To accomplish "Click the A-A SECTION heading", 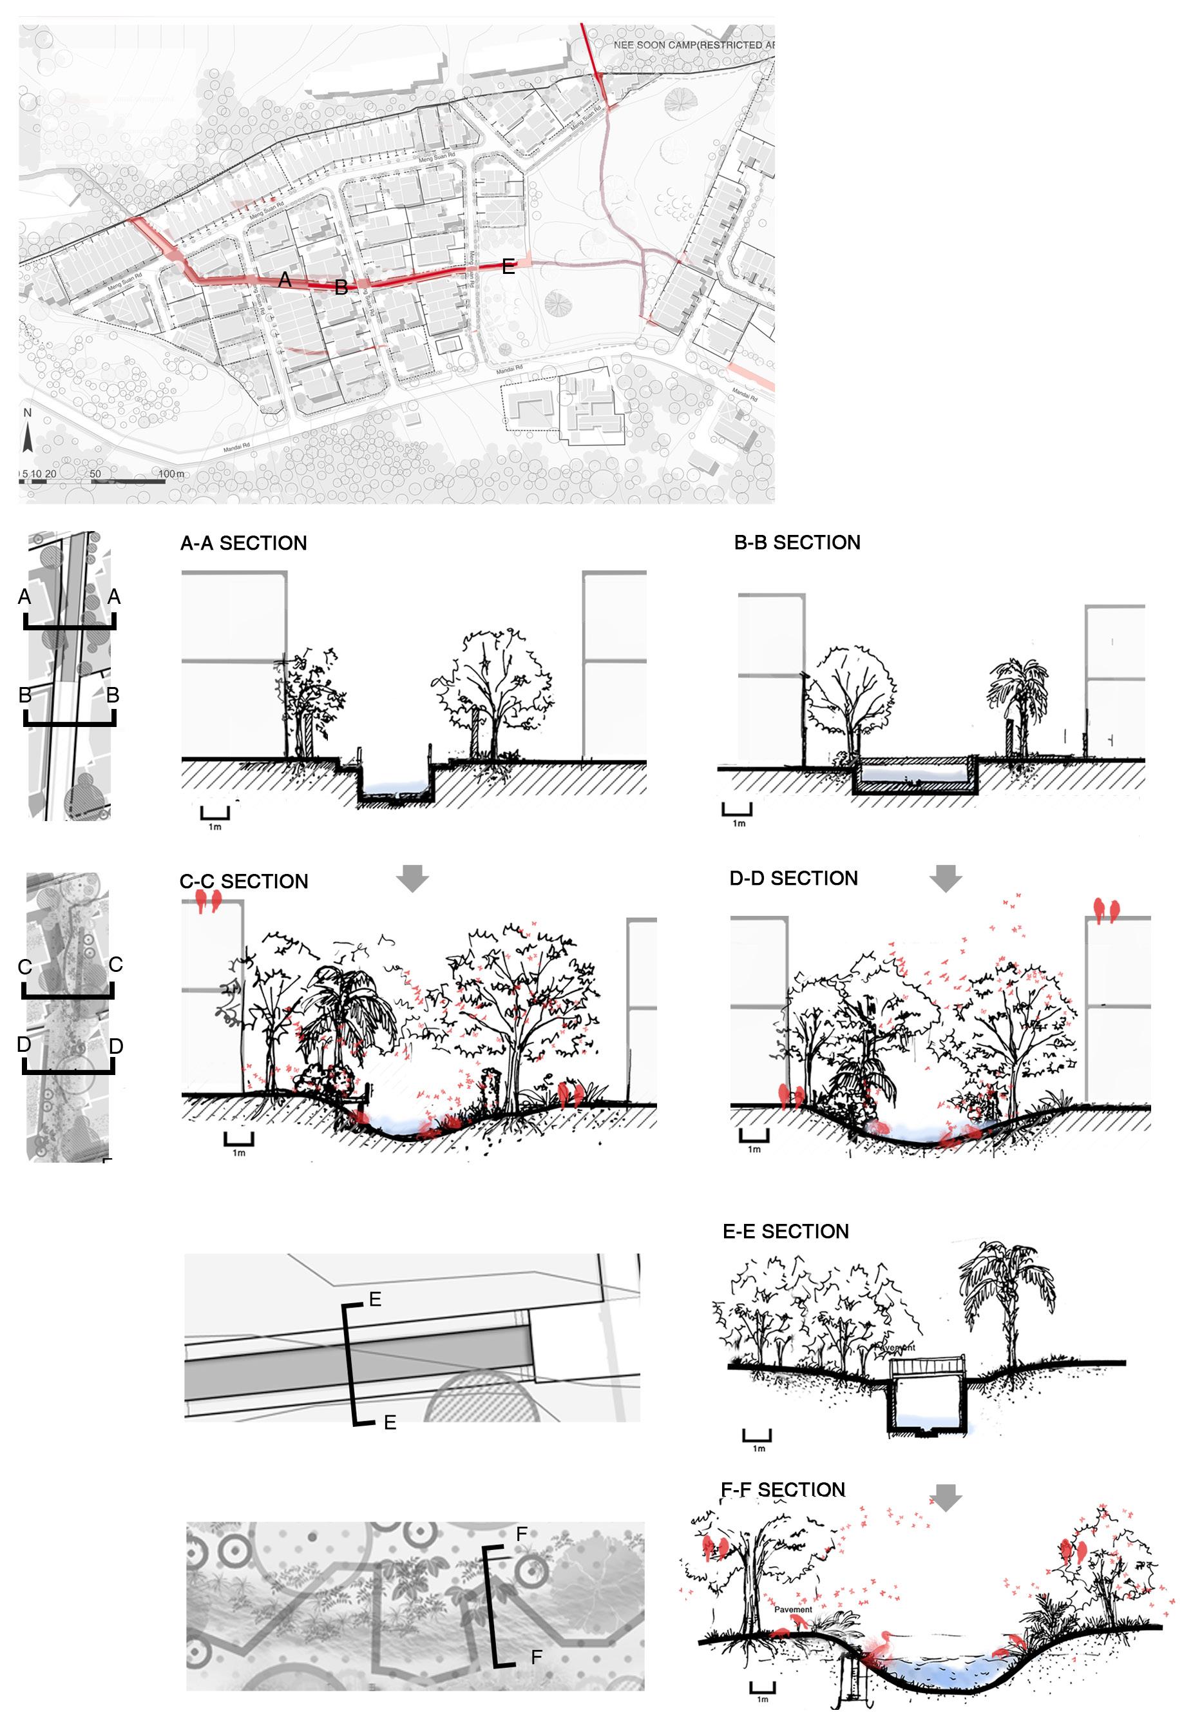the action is click(243, 543).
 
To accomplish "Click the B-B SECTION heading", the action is click(797, 543).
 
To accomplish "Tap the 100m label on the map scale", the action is click(172, 474).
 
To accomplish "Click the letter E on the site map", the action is click(508, 266).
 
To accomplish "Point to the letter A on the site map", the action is click(285, 280).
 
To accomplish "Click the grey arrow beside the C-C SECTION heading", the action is click(412, 878).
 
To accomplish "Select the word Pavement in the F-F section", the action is click(793, 1609).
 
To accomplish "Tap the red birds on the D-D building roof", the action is click(1105, 910).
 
